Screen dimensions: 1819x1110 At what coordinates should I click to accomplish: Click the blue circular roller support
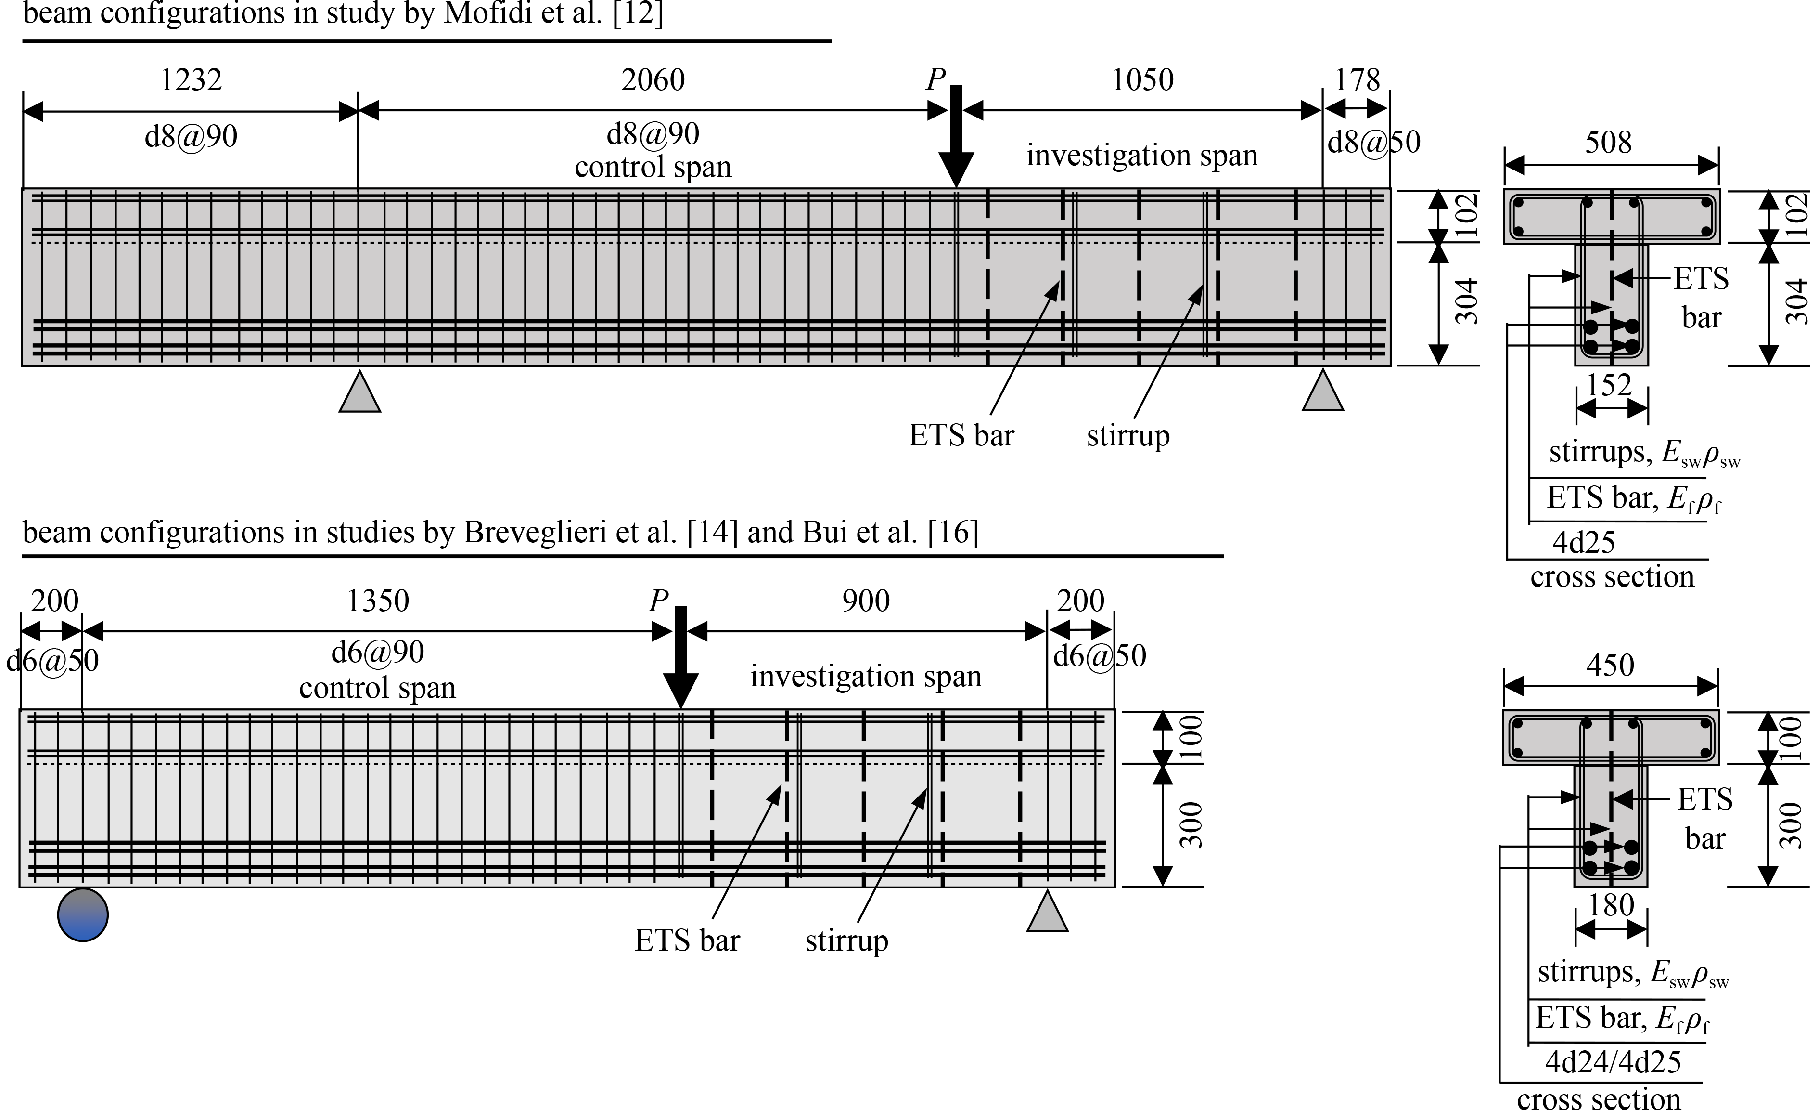click(83, 915)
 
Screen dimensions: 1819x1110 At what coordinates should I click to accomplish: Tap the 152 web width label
click(1609, 385)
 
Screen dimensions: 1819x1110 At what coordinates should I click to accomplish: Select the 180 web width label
click(1611, 905)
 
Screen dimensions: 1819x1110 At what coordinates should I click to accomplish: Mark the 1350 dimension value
click(378, 601)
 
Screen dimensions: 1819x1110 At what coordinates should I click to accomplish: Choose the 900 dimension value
click(866, 601)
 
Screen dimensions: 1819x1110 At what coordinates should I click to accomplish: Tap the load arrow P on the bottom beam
click(680, 657)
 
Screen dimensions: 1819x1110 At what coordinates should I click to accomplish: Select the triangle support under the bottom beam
click(1048, 911)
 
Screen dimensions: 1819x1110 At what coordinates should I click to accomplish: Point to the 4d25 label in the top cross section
click(1584, 543)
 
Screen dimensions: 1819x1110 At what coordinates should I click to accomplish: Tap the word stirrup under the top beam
click(1128, 436)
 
